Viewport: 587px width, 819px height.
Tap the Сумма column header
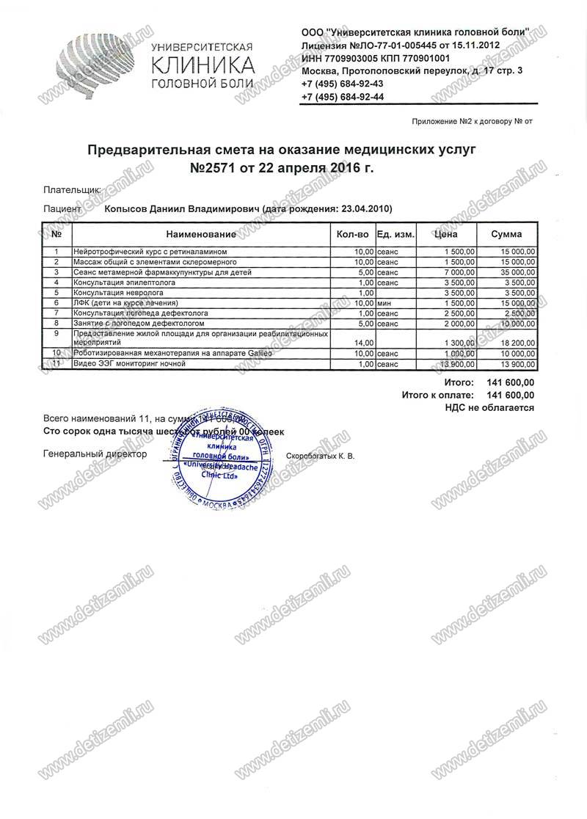[x=506, y=235]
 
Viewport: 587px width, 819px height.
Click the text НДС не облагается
[x=491, y=407]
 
